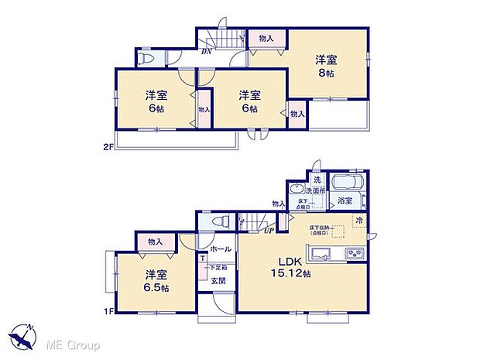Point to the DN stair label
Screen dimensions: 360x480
[x=207, y=52]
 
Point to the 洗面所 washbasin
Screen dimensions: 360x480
[x=295, y=190]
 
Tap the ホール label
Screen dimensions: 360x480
[x=221, y=249]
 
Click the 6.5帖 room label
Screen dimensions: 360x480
[x=156, y=281]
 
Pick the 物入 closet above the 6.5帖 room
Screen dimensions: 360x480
[x=154, y=242]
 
